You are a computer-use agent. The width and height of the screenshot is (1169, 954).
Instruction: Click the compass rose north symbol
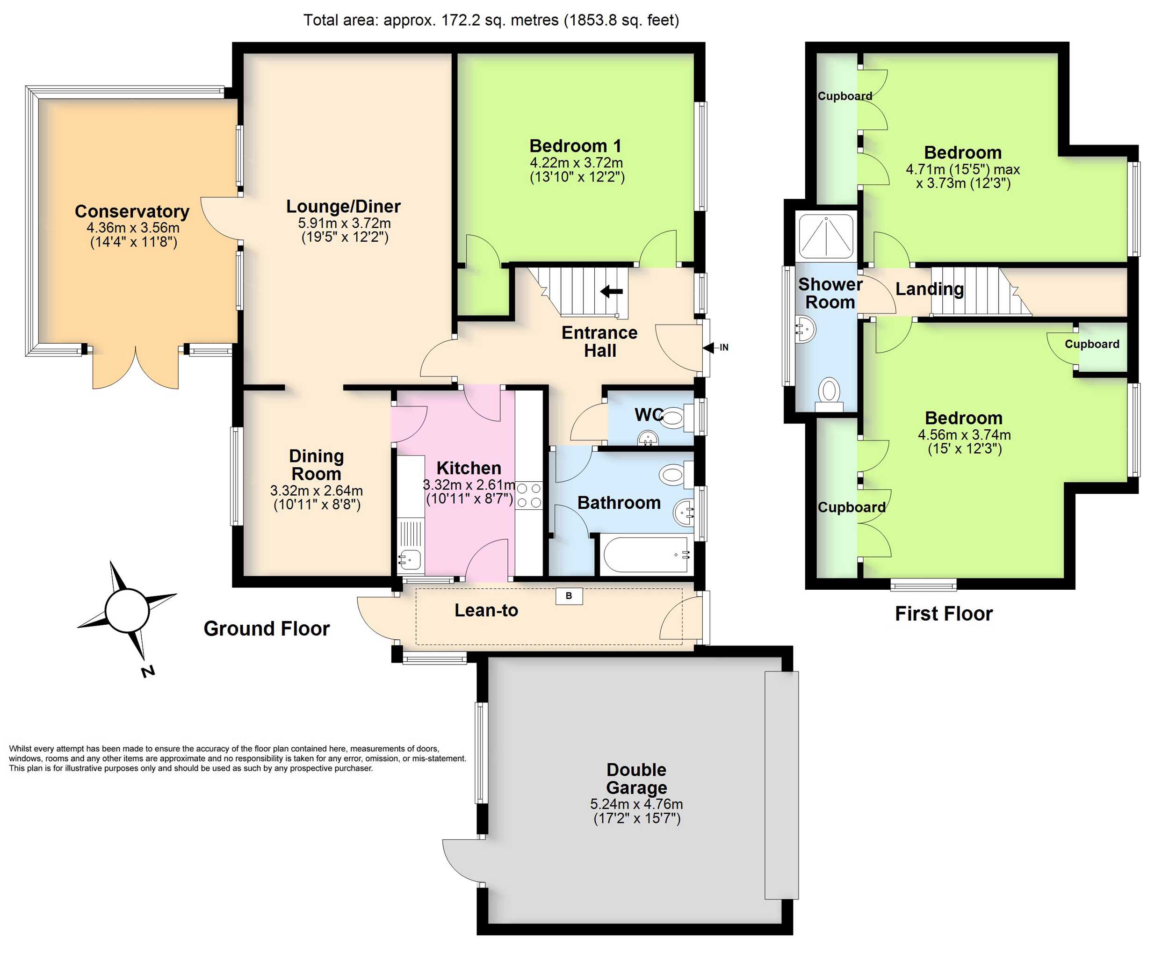point(127,611)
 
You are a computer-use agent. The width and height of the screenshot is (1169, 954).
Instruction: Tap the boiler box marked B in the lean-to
point(569,596)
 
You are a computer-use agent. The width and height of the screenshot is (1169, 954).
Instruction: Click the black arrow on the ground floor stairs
point(612,291)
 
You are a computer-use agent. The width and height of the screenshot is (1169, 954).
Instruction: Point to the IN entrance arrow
point(715,347)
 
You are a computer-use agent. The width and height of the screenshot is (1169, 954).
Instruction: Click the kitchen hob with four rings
point(529,495)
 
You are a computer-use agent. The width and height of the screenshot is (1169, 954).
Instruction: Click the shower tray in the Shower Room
point(826,236)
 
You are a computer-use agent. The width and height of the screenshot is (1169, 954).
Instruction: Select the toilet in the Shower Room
point(829,394)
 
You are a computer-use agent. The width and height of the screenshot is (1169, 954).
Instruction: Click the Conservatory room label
point(132,211)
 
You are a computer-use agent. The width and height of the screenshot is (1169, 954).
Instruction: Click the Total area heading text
point(491,20)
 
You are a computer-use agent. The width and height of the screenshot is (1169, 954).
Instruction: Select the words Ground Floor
point(267,629)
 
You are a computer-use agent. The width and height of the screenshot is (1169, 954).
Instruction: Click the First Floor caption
point(944,613)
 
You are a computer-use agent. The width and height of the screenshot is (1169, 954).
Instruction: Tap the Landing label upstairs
point(930,289)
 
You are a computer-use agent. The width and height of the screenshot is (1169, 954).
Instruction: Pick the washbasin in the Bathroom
point(683,512)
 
